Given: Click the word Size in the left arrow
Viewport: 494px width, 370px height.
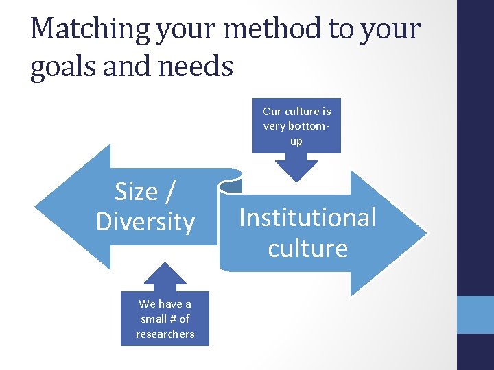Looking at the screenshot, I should [136, 192].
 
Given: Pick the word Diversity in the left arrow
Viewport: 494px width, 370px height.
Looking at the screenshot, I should [145, 222].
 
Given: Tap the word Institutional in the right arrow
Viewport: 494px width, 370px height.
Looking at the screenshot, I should [307, 218].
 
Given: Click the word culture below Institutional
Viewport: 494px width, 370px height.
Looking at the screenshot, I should [307, 248].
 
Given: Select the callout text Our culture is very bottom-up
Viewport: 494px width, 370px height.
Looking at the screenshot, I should [296, 125].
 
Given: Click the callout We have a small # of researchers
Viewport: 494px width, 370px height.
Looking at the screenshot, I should [165, 319].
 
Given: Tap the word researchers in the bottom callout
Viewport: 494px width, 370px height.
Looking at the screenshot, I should [165, 334].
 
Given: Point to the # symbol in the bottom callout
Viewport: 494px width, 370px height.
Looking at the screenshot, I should [165, 319].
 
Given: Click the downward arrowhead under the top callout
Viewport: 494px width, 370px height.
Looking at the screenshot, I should [296, 170].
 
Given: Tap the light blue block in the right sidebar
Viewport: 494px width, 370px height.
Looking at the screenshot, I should [475, 314].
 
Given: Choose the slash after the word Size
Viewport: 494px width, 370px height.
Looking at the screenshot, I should [169, 192].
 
